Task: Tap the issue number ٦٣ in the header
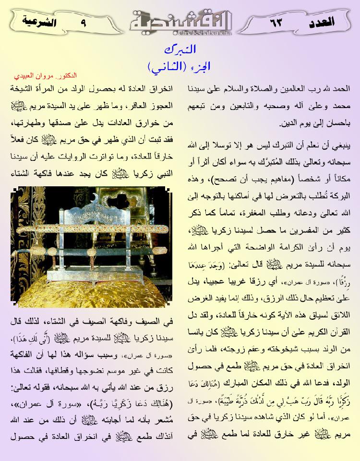277,22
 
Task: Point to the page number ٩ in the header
85,22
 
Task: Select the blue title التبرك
180,49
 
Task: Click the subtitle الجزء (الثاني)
180,64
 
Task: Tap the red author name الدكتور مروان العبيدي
46,76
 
